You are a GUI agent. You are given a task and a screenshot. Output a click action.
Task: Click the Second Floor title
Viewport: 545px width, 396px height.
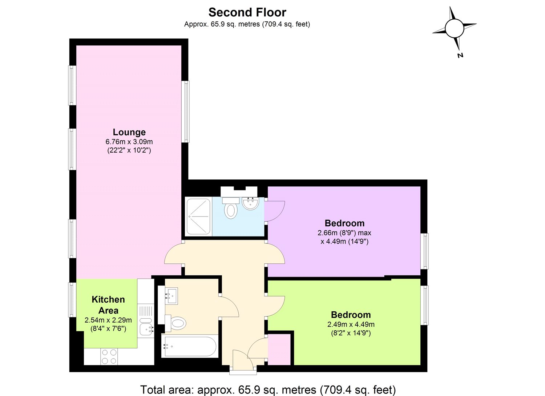(x=247, y=12)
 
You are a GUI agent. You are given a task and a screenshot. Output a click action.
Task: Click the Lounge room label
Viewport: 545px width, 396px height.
(x=129, y=132)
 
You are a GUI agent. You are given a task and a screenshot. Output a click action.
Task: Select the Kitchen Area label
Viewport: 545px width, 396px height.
(x=108, y=305)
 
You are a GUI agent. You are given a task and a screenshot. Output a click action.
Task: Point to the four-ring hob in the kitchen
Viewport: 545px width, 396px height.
(x=109, y=356)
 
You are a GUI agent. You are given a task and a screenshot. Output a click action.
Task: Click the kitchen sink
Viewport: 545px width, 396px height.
(x=146, y=328)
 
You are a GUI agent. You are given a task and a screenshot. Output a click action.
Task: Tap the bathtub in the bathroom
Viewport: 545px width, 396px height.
(x=190, y=346)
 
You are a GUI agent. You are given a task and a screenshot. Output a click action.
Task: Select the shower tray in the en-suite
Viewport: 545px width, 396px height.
(x=198, y=216)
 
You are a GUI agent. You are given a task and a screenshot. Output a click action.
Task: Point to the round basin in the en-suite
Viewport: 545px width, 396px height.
(x=250, y=203)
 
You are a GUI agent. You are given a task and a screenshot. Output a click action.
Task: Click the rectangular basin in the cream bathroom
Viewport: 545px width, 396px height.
(x=171, y=296)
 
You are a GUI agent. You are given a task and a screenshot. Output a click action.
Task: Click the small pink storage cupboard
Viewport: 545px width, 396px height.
(x=279, y=349)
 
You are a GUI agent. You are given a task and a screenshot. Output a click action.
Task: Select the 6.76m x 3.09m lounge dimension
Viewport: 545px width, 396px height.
(x=129, y=142)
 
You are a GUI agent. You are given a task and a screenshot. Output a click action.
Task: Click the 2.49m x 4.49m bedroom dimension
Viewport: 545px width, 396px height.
(x=351, y=324)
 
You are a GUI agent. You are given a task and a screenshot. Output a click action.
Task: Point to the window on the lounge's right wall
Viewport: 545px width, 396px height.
(x=186, y=112)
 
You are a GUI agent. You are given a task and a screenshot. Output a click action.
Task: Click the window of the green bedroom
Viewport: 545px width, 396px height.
(x=424, y=305)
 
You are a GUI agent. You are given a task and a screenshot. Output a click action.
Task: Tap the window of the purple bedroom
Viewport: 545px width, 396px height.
(x=424, y=251)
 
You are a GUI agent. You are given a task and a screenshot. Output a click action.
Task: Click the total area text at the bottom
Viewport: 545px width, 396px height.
(x=268, y=390)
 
